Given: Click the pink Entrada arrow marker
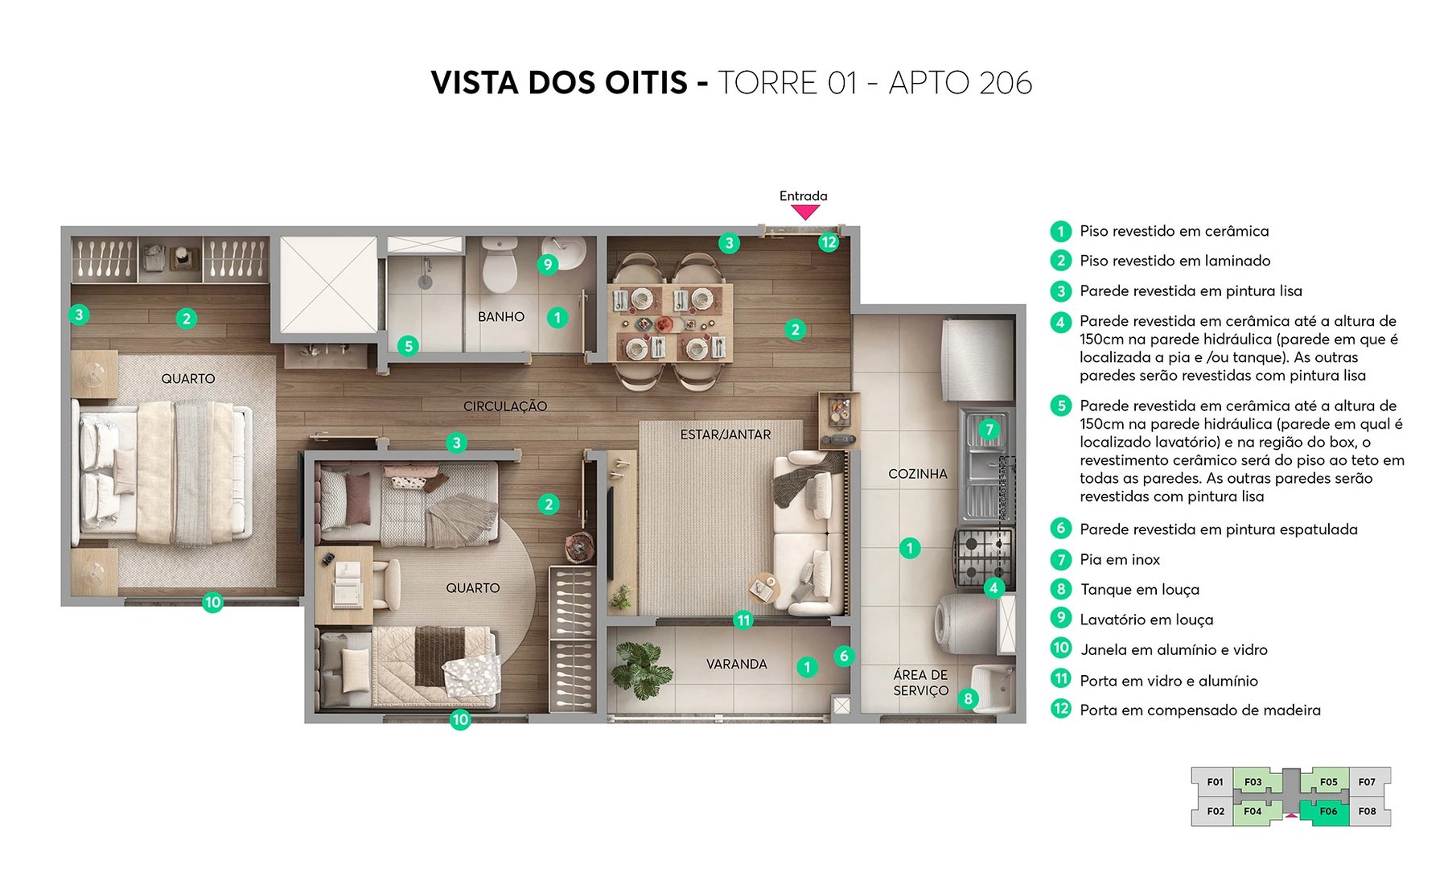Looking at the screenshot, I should (x=804, y=212).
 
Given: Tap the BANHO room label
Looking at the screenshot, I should (x=500, y=317).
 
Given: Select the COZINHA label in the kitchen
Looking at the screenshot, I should (x=917, y=474).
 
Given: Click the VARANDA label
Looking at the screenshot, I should (x=736, y=664).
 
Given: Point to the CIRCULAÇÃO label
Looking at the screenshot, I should (x=504, y=406).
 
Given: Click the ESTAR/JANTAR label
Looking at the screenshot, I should (x=725, y=434).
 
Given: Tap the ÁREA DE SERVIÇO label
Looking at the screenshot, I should (x=920, y=682).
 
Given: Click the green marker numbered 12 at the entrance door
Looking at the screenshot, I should (x=829, y=242).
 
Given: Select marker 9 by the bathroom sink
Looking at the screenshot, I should (x=547, y=264).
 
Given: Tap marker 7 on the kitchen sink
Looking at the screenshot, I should (x=989, y=430).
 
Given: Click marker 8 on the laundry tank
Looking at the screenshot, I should (x=968, y=699).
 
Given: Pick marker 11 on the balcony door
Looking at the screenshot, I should (x=743, y=620).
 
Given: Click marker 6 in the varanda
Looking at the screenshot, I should (x=843, y=656).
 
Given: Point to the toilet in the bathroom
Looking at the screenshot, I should (x=500, y=265).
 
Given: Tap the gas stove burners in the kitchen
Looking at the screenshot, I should (x=983, y=556).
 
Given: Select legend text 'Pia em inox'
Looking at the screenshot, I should (x=1119, y=559).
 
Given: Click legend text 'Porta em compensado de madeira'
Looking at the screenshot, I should (x=1199, y=710).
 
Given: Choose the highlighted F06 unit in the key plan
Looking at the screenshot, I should (x=1327, y=811).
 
